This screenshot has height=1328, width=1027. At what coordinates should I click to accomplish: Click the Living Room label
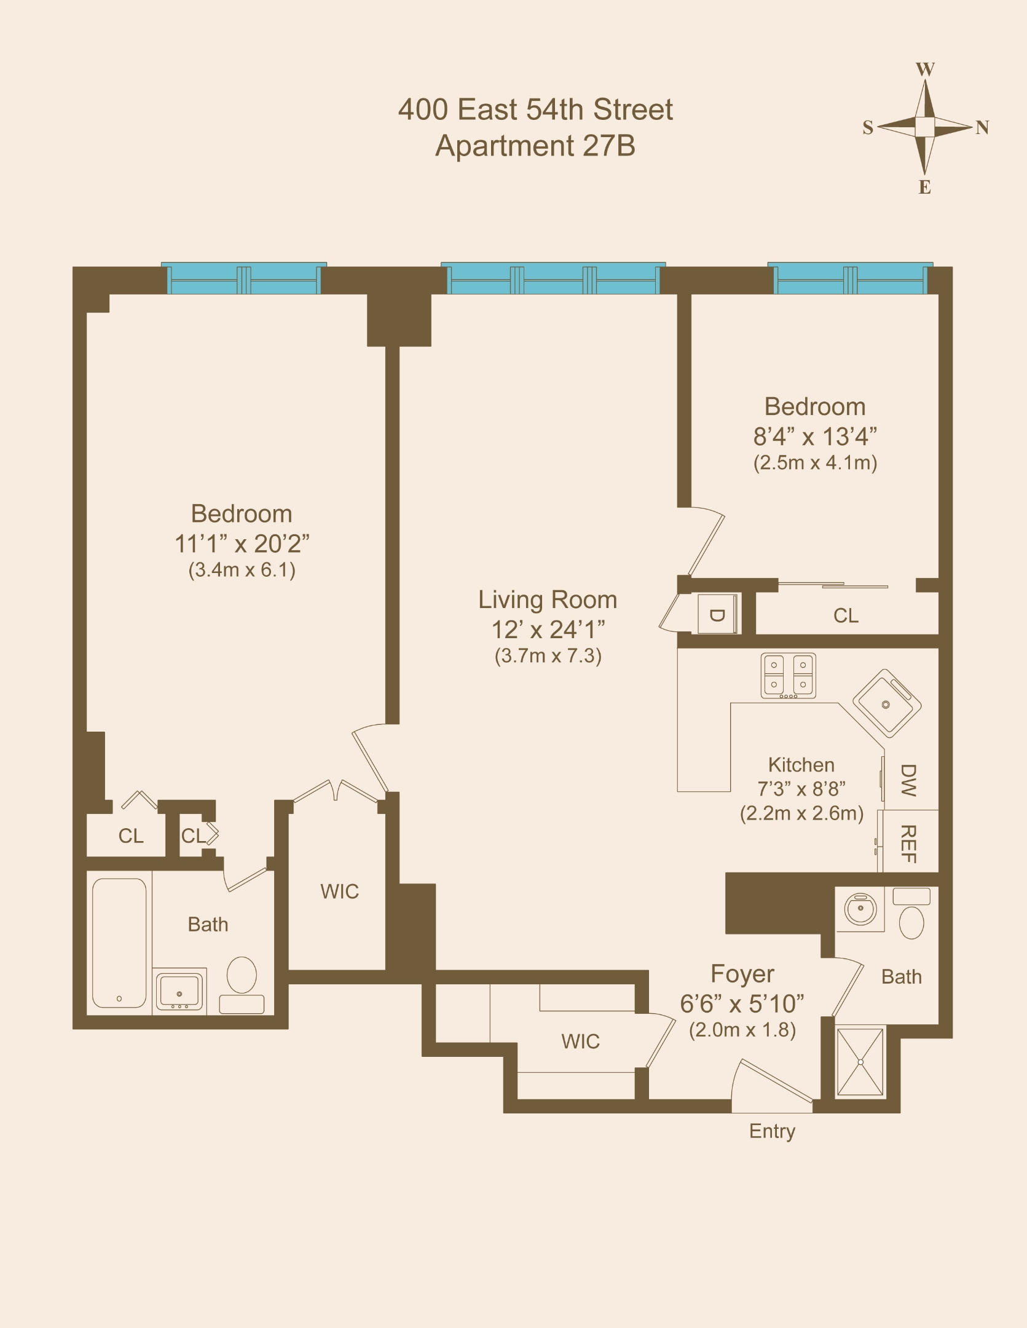click(548, 600)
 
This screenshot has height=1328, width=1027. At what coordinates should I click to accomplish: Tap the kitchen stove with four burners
click(789, 675)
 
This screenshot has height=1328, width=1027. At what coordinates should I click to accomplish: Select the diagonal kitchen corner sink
click(886, 703)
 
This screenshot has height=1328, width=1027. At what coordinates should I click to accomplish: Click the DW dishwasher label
click(908, 780)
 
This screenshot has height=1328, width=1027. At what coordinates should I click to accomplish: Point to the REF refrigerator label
click(908, 844)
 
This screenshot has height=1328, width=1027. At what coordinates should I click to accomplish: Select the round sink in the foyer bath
click(860, 909)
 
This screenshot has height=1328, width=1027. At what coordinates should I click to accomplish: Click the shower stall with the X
click(860, 1062)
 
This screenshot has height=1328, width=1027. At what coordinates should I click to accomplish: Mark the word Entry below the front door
click(772, 1131)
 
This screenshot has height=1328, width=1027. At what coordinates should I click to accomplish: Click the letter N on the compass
click(982, 127)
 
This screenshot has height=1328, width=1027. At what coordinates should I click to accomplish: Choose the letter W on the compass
click(925, 69)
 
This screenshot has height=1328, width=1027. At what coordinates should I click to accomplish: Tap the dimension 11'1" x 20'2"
click(242, 544)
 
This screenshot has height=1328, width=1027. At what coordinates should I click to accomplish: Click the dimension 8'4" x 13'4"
click(815, 437)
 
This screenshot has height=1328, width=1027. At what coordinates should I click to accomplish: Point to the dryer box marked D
click(717, 614)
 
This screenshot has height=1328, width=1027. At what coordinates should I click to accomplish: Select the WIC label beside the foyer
click(580, 1041)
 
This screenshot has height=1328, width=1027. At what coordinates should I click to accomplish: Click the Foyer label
click(742, 974)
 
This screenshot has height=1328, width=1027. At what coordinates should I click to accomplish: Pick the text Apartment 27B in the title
click(535, 146)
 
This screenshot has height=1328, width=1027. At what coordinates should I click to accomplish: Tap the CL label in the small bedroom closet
click(846, 615)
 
